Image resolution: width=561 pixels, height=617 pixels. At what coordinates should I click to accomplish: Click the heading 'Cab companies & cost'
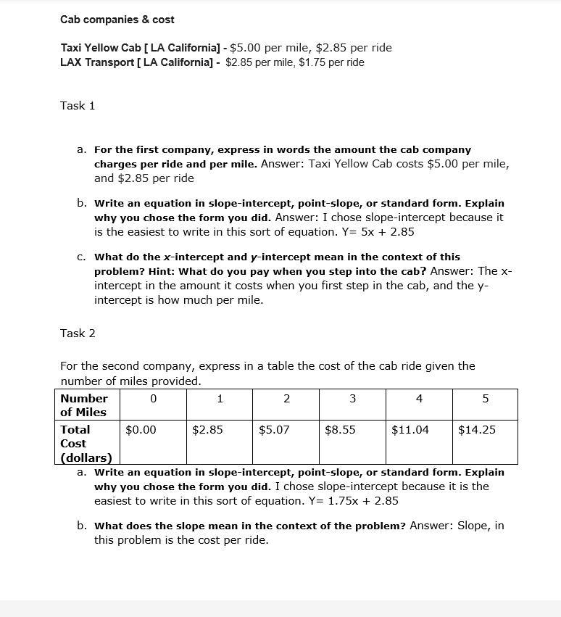click(x=117, y=20)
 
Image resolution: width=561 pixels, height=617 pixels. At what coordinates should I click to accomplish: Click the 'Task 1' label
click(x=78, y=106)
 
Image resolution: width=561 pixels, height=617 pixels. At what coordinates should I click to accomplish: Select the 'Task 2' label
click(x=78, y=334)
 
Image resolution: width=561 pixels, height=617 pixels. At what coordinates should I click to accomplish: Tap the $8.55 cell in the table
click(x=340, y=430)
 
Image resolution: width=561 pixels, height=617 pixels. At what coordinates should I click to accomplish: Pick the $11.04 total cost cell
click(x=410, y=430)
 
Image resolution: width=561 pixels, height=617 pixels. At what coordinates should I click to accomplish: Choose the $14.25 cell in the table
click(x=477, y=430)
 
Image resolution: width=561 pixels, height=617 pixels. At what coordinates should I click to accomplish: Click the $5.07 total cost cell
click(x=274, y=430)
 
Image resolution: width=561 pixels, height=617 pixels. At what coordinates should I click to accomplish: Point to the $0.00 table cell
click(x=141, y=430)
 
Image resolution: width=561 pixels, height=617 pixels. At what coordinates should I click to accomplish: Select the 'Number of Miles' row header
click(x=84, y=405)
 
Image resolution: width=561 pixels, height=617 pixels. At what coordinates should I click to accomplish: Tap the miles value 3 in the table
click(x=352, y=399)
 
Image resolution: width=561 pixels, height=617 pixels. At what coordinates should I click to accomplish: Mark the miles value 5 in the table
click(x=485, y=399)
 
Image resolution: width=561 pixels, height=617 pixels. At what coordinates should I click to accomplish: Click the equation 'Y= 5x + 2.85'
click(x=376, y=232)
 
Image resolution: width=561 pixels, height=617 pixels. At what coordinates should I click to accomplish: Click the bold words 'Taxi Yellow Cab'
click(x=101, y=48)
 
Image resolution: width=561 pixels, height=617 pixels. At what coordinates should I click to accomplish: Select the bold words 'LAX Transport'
click(x=98, y=62)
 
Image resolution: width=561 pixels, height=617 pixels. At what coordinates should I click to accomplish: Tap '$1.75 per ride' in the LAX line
click(x=331, y=62)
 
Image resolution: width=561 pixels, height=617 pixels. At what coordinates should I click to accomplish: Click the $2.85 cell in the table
click(x=207, y=430)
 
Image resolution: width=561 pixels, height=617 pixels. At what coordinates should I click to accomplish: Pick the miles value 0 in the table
click(x=153, y=399)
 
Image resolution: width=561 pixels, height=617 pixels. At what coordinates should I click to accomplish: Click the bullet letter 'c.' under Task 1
click(x=81, y=257)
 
